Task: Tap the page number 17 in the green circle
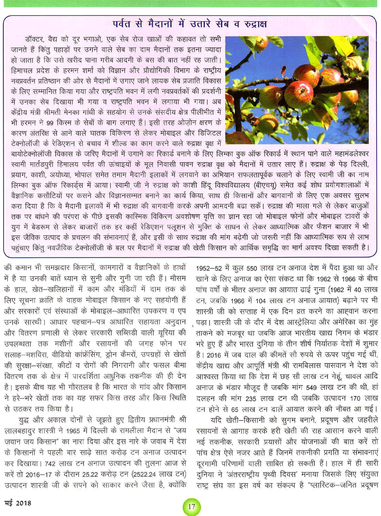click(191, 506)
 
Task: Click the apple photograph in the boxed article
click(297, 90)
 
